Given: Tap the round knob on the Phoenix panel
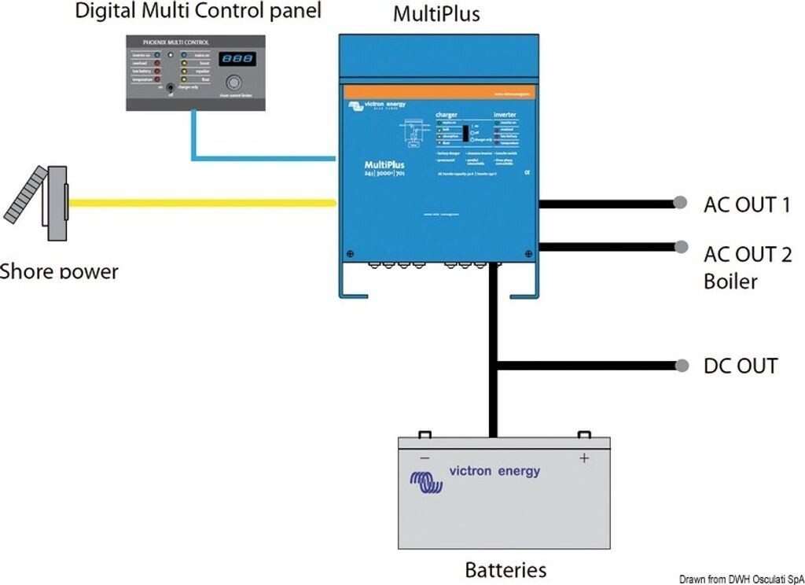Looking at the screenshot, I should [233, 83].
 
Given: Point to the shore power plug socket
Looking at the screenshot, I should [56, 203].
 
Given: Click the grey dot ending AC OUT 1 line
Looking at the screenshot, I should [679, 203].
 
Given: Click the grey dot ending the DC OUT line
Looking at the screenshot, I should [679, 366].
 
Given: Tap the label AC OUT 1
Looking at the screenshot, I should [747, 204].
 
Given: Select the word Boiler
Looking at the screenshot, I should [730, 281].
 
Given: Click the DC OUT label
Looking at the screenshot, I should [740, 366].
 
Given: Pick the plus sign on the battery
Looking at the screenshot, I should [584, 458].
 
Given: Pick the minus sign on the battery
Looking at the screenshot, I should [425, 458].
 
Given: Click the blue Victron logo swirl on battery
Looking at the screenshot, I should [426, 481].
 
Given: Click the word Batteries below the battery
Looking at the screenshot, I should [505, 568].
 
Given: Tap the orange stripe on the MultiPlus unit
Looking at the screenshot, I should [439, 93].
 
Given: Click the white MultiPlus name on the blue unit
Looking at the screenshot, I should [384, 164].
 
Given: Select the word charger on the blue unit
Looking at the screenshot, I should [447, 115].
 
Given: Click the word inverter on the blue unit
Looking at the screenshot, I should [505, 115].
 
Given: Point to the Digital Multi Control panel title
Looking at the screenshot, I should [198, 11].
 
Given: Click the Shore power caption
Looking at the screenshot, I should [60, 272].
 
